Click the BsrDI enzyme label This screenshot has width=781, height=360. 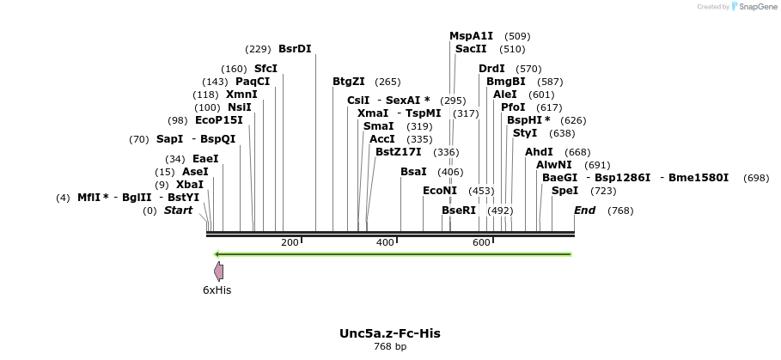[x=295, y=49]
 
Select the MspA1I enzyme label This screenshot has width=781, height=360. [x=471, y=36]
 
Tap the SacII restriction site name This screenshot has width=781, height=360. [x=471, y=50]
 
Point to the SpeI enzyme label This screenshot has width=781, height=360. [x=564, y=191]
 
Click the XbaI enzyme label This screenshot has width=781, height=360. [x=190, y=185]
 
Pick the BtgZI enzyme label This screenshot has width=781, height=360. [x=349, y=82]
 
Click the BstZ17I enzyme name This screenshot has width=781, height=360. [x=398, y=152]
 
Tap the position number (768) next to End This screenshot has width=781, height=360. [x=619, y=211]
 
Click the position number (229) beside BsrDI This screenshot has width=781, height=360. [x=258, y=49]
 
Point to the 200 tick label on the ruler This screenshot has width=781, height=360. [x=289, y=242]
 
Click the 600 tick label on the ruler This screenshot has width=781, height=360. [x=481, y=242]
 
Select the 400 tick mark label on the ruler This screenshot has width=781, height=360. [x=385, y=242]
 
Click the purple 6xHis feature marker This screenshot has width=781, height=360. [x=219, y=272]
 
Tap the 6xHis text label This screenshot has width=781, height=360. [x=217, y=290]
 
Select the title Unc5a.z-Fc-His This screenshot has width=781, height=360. [x=390, y=333]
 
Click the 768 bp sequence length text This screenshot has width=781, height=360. [x=390, y=347]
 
